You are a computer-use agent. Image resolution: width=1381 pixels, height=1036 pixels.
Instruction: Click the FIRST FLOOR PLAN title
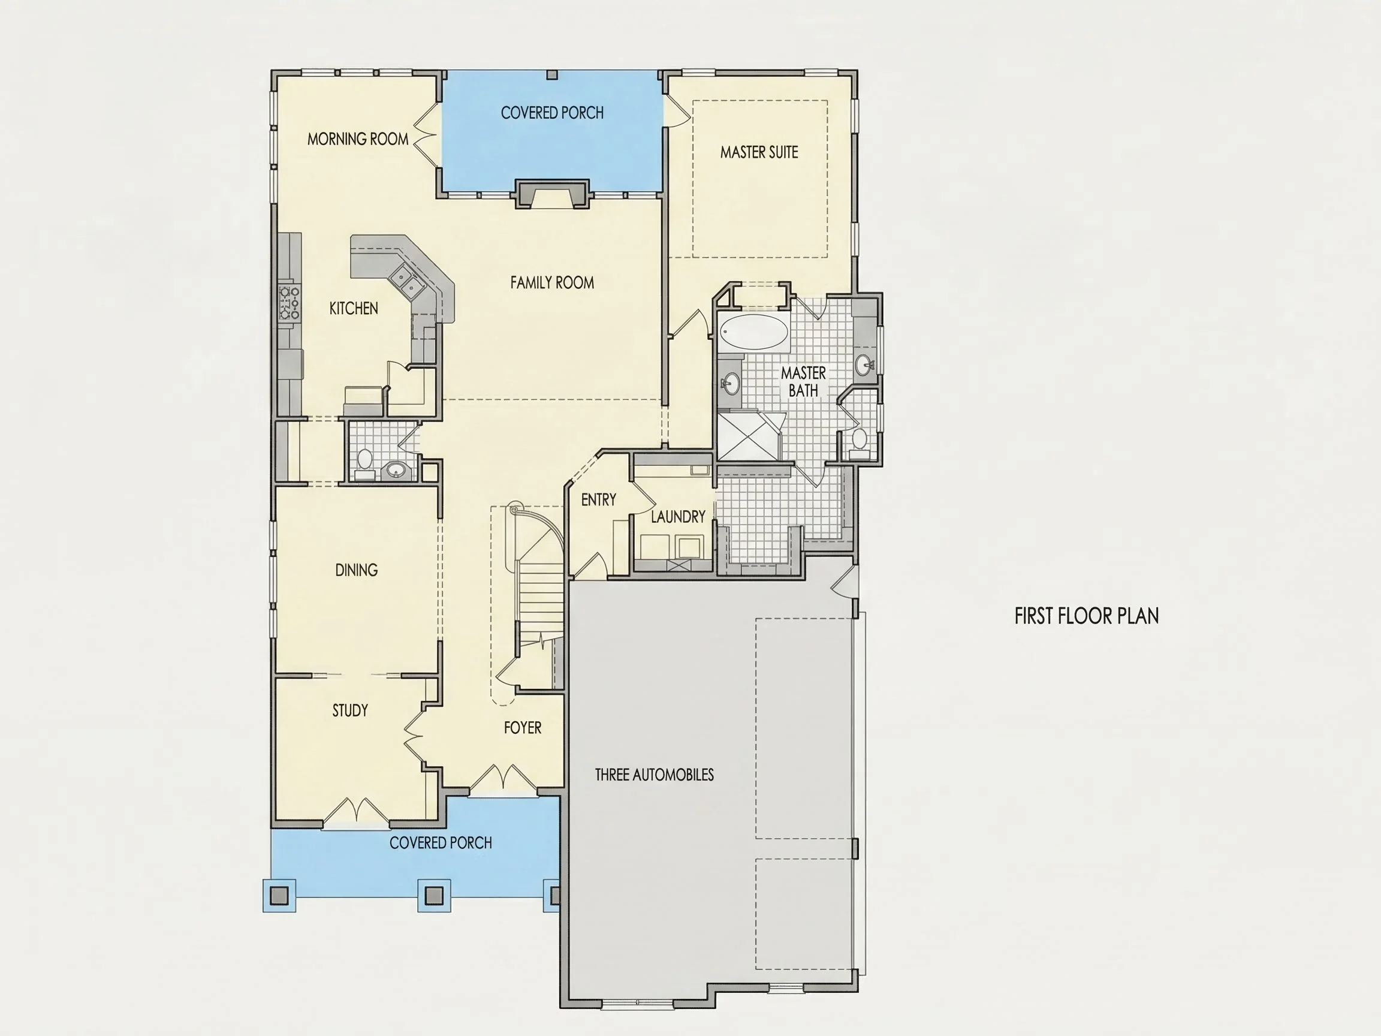pyautogui.click(x=1086, y=616)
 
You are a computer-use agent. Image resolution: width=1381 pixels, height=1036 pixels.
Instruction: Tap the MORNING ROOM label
pyautogui.click(x=358, y=139)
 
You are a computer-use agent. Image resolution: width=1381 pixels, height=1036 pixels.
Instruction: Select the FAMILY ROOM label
pyautogui.click(x=552, y=283)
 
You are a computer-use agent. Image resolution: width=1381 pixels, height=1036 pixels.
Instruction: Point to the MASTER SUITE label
pyautogui.click(x=759, y=152)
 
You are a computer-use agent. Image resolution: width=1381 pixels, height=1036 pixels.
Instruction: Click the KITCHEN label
pyautogui.click(x=354, y=309)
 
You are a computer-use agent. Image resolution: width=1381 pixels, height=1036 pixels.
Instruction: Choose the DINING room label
pyautogui.click(x=357, y=570)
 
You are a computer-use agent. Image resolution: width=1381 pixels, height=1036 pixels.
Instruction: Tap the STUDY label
pyautogui.click(x=350, y=710)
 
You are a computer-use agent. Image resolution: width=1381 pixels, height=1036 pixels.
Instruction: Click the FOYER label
pyautogui.click(x=523, y=728)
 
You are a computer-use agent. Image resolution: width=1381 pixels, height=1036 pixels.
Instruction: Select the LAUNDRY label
pyautogui.click(x=678, y=517)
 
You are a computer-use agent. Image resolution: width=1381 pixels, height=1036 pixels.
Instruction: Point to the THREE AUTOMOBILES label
pyautogui.click(x=655, y=775)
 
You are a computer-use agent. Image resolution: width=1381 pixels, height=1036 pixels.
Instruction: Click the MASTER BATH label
pyautogui.click(x=804, y=381)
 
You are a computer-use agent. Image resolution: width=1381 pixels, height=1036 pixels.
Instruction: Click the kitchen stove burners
pyautogui.click(x=289, y=302)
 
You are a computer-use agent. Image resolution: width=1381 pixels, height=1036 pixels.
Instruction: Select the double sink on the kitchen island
pyautogui.click(x=407, y=281)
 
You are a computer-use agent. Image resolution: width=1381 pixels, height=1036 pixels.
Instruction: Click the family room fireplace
pyautogui.click(x=551, y=194)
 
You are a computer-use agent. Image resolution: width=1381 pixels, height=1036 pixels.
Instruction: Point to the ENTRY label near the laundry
pyautogui.click(x=598, y=500)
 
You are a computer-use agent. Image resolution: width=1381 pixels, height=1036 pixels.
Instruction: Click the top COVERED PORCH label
pyautogui.click(x=552, y=113)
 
